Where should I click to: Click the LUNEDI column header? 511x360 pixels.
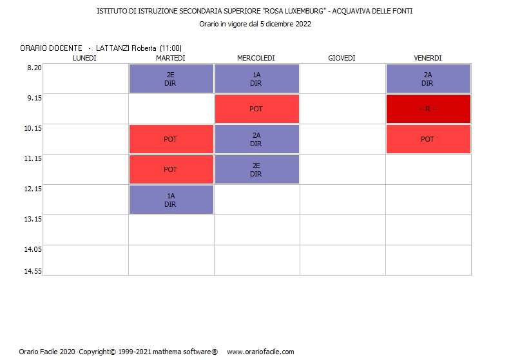[84, 58]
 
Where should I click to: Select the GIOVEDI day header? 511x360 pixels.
[342, 58]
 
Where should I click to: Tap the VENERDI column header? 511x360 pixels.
[427, 58]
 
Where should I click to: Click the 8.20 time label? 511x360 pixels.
[34, 68]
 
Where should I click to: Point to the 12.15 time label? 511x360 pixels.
[34, 189]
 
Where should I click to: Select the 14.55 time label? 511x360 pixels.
[34, 271]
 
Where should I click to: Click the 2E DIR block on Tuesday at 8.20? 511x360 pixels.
[171, 79]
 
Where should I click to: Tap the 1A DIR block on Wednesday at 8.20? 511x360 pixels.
[256, 79]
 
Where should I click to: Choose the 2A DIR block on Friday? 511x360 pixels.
[428, 79]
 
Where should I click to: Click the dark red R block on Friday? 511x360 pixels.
[428, 109]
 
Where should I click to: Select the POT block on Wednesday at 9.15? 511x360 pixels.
[256, 109]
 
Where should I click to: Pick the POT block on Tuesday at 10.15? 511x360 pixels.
[171, 139]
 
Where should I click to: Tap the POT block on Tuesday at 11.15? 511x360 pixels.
[171, 169]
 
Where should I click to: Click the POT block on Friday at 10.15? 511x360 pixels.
[428, 139]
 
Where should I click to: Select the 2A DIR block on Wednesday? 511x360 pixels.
[256, 139]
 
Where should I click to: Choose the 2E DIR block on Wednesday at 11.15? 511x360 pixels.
[256, 169]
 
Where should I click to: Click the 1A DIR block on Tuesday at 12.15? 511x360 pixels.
[171, 200]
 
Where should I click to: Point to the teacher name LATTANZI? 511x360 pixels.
[113, 48]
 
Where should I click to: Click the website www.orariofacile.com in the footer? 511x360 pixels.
[260, 352]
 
